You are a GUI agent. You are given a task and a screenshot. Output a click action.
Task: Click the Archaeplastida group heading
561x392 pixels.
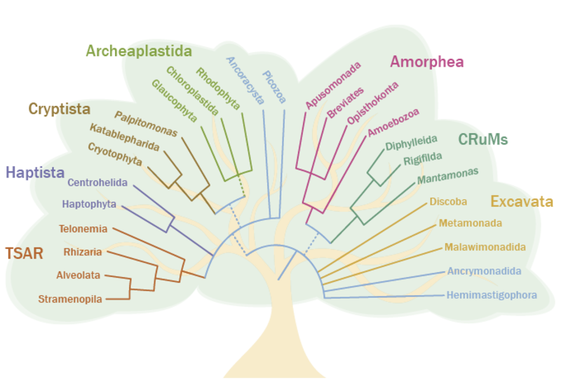(x=138, y=50)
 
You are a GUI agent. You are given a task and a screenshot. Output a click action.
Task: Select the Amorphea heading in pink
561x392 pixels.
(x=426, y=62)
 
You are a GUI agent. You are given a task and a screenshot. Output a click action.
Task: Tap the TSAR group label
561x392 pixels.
(x=24, y=253)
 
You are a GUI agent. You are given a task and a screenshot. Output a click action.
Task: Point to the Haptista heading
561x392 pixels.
(x=35, y=172)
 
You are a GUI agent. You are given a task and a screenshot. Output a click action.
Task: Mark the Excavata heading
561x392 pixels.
(x=522, y=202)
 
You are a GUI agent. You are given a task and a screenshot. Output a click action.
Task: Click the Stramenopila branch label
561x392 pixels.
(x=70, y=299)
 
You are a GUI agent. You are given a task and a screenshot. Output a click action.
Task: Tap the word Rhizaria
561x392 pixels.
(x=83, y=252)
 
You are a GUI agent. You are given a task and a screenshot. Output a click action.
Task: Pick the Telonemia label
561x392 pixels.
(x=83, y=229)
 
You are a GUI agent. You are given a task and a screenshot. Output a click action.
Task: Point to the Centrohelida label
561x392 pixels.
(x=97, y=182)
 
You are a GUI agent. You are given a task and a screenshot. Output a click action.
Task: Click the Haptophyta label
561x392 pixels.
(x=88, y=205)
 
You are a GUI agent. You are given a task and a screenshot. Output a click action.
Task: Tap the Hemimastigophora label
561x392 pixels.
(x=492, y=295)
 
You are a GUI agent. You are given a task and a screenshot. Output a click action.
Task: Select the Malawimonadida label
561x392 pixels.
(x=485, y=247)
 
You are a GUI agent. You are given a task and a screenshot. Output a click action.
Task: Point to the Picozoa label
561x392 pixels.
(x=274, y=86)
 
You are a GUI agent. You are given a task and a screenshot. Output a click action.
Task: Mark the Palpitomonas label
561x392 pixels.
(x=146, y=123)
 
